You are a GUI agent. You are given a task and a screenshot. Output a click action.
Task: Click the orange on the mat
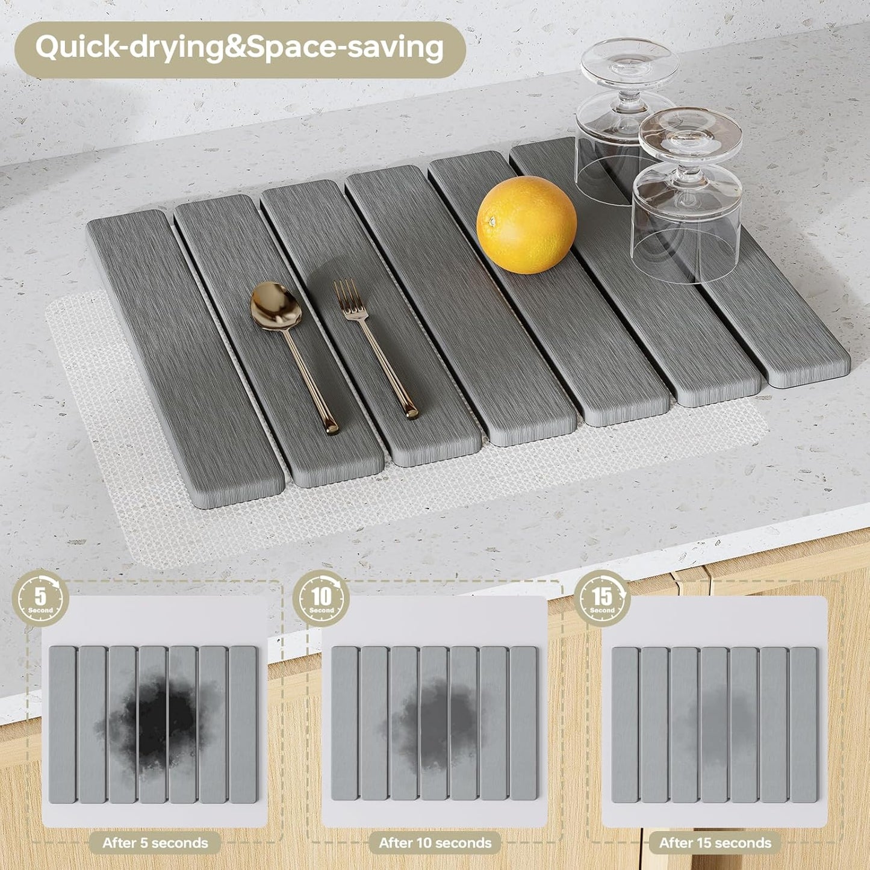[526, 225]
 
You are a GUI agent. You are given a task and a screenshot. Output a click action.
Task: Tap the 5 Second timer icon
[40, 598]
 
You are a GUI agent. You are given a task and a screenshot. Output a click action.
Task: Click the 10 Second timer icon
[322, 598]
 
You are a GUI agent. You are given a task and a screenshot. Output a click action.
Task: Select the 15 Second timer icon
[602, 598]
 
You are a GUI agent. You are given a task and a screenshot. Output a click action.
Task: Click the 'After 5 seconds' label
[155, 843]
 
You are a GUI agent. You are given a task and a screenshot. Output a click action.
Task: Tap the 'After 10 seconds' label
[435, 843]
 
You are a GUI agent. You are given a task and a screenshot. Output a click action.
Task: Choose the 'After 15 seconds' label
[715, 843]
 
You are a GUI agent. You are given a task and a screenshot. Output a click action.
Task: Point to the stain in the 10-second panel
[437, 722]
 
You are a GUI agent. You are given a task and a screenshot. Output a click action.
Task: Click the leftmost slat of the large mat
[181, 355]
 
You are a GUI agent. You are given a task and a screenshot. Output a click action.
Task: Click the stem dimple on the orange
[492, 222]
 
